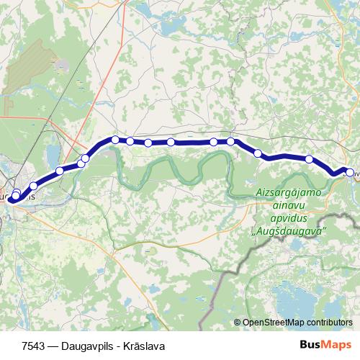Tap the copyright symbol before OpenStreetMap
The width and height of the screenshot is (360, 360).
[237, 323]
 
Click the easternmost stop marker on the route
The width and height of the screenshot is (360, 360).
[350, 172]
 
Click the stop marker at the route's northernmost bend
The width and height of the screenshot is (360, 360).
[115, 139]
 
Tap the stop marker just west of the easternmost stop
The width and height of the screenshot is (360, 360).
[309, 159]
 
